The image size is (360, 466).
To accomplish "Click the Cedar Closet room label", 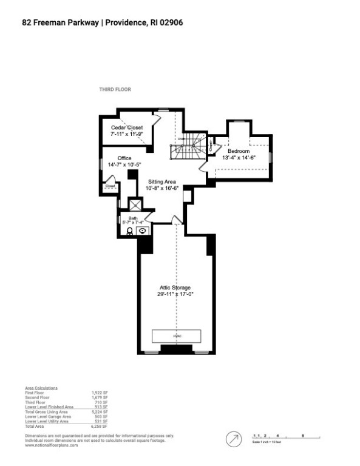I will [126, 128].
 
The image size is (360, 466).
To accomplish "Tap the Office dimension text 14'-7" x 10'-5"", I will [125, 165].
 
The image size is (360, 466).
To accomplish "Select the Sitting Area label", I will [161, 181].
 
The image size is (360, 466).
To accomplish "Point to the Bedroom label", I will [238, 151].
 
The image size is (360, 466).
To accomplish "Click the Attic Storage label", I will [175, 288].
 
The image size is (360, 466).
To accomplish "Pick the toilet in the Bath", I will [130, 231].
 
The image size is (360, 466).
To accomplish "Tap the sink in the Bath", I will [142, 231].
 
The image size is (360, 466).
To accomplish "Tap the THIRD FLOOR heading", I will [115, 89].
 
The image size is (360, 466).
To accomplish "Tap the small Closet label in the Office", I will [110, 186].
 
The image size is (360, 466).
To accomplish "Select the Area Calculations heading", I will [41, 388].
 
